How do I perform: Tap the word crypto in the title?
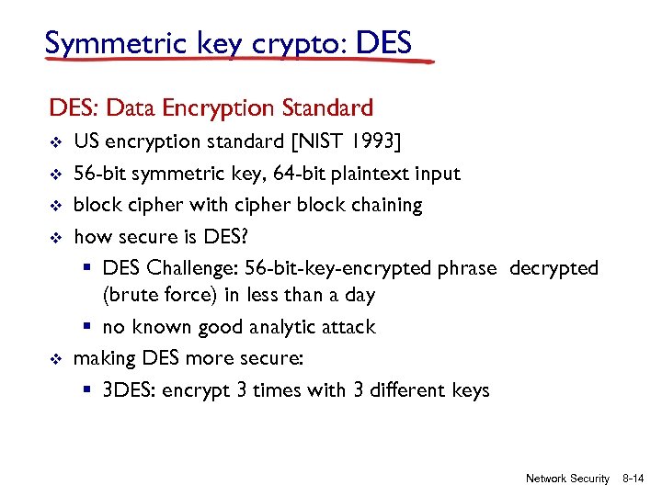pyautogui.click(x=294, y=43)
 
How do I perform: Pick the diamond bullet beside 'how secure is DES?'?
pyautogui.click(x=54, y=237)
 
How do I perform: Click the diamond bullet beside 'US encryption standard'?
pyautogui.click(x=54, y=142)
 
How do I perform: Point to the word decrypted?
pyautogui.click(x=554, y=268)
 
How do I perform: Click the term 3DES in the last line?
pyautogui.click(x=130, y=390)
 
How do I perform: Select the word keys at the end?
pyautogui.click(x=471, y=390)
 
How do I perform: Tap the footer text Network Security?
pyautogui.click(x=567, y=479)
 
